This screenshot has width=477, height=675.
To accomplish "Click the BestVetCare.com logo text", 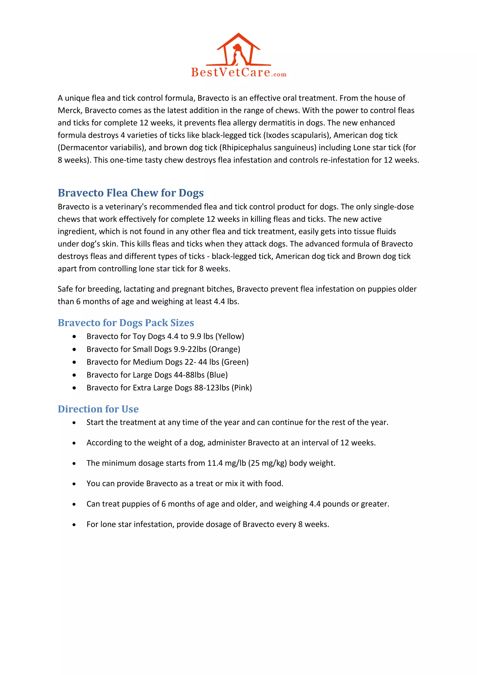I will coord(238,72).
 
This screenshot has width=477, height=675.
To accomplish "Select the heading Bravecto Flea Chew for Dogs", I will coord(130,193).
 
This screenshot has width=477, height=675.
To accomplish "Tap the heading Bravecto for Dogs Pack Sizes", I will coord(126,323).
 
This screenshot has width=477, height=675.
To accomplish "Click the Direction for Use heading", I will coord(98,409).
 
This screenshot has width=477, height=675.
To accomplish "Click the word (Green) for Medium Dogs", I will coord(235,362).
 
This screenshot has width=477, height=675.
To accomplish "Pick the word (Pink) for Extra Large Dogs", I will coord(242,388).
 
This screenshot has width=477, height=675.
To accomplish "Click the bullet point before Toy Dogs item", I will coord(74,337).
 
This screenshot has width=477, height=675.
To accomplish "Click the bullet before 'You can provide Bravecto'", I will coord(74,484).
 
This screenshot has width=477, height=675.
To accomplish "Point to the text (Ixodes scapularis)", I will coord(297,135).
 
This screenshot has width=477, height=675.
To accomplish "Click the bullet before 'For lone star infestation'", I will coord(74,525).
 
